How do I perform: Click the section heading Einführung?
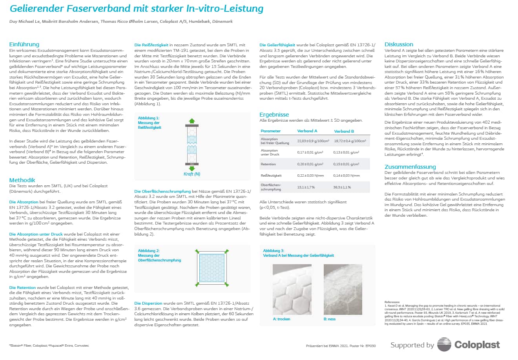24,44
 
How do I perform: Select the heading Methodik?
22,180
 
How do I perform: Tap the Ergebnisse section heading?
274,115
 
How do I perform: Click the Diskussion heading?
399,44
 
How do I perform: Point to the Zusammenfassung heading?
410,167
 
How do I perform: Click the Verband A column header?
307,131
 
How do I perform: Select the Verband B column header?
344,131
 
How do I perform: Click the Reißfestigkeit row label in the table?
269,175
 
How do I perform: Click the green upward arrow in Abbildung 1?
192,121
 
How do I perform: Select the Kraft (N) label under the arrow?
192,174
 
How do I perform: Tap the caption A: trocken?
281,319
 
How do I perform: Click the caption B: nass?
329,319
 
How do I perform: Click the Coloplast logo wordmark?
477,345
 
